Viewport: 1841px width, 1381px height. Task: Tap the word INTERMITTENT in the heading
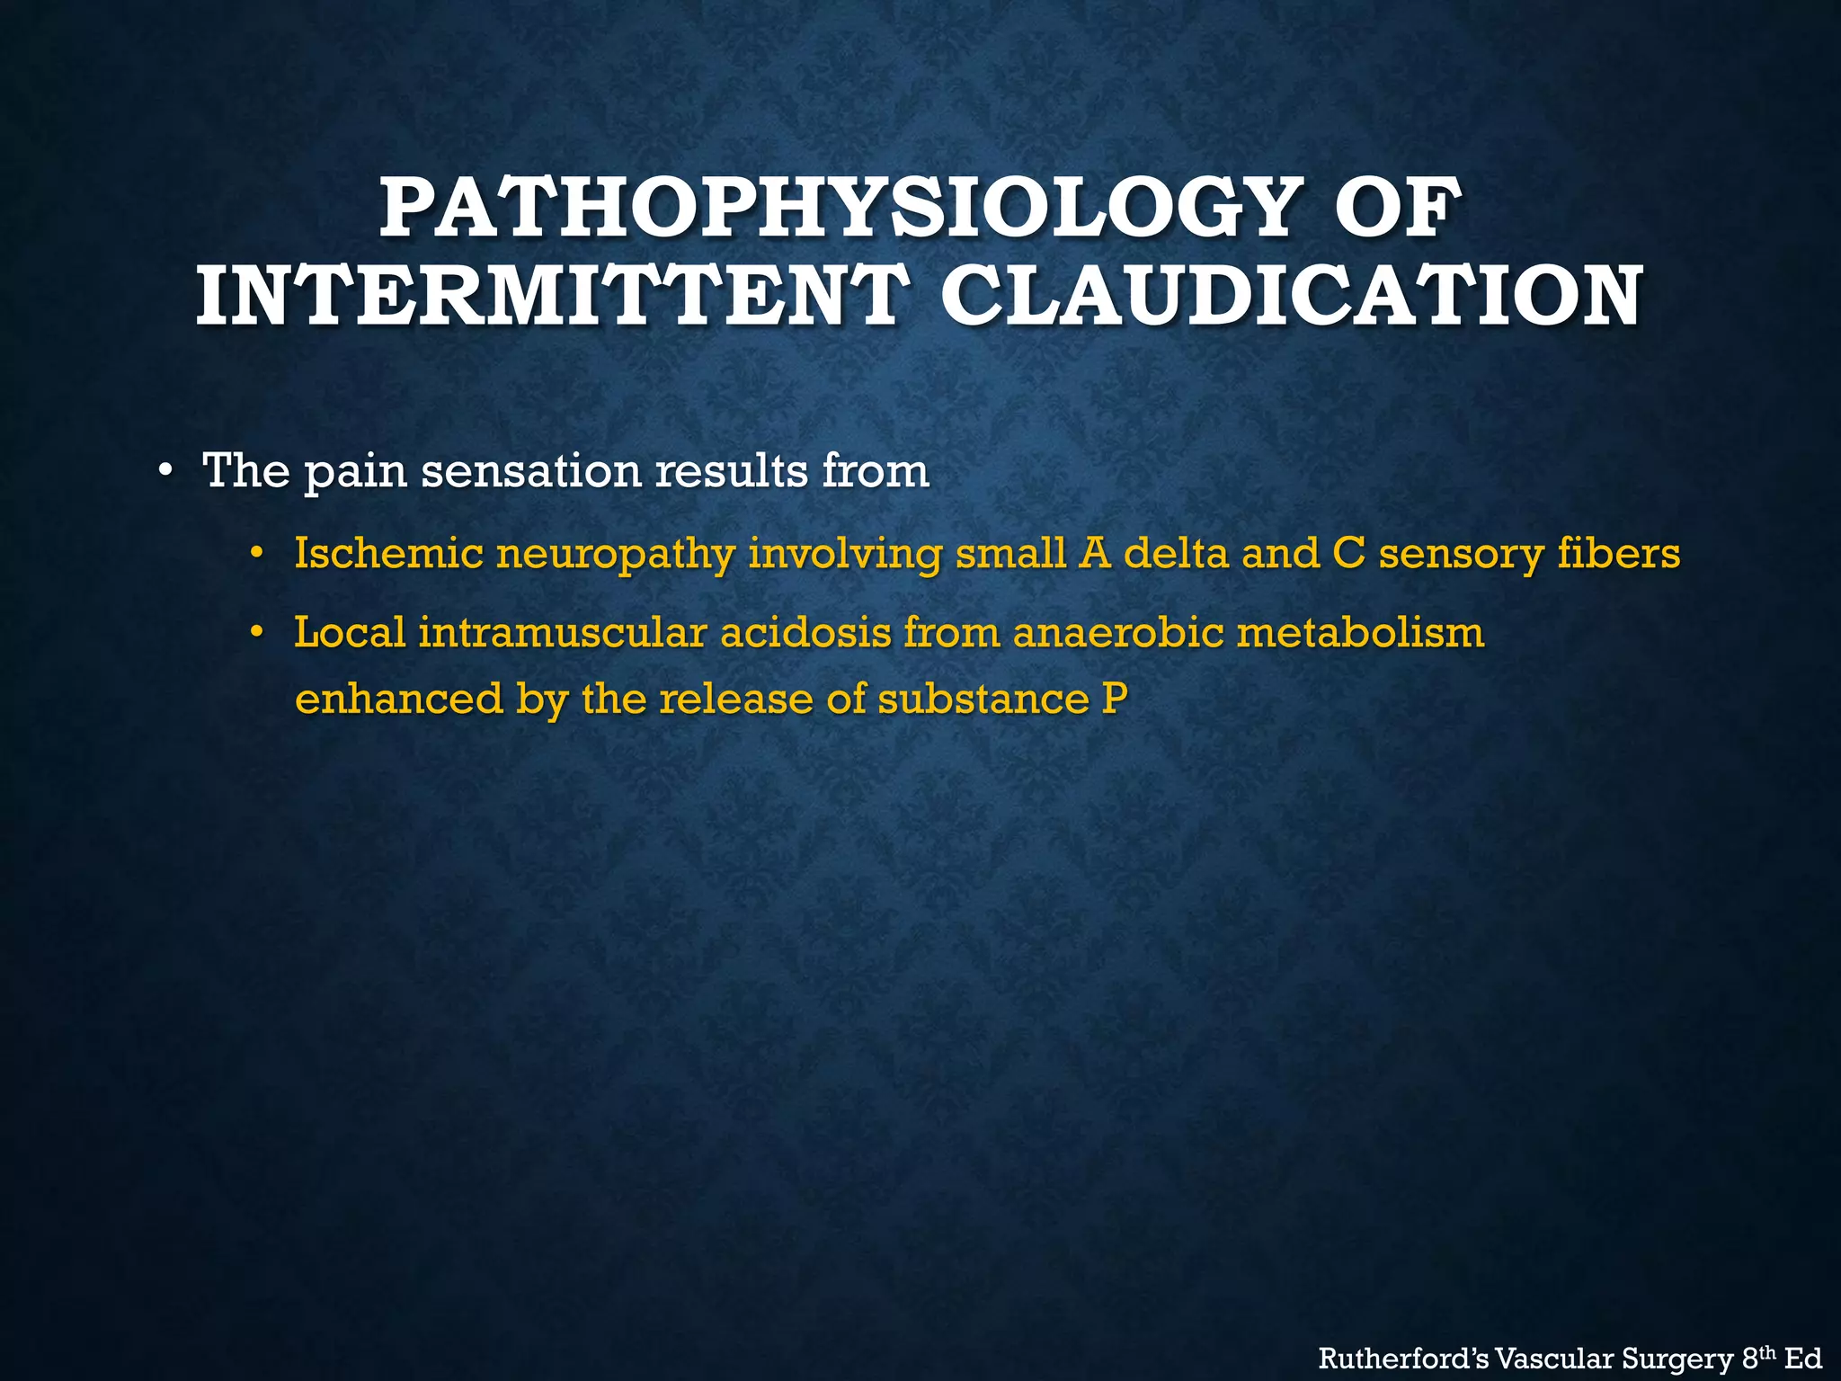click(547, 296)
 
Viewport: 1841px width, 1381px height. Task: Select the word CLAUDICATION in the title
click(1293, 296)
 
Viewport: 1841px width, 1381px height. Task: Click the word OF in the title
click(1392, 209)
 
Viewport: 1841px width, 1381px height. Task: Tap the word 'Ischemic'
click(388, 553)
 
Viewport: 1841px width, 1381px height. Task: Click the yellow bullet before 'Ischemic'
click(257, 552)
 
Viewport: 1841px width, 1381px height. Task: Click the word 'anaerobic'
click(1118, 633)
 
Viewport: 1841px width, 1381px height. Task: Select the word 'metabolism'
click(1361, 633)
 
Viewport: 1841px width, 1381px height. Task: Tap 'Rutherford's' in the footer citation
click(1401, 1359)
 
